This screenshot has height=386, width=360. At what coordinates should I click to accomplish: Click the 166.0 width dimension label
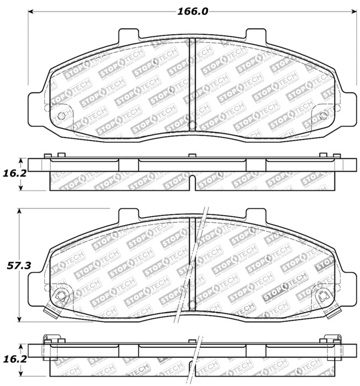(192, 11)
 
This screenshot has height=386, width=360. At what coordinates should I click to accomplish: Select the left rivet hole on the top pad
(61, 115)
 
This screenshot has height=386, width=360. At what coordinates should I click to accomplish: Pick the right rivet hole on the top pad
(324, 115)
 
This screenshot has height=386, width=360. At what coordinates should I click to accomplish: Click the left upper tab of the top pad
(128, 34)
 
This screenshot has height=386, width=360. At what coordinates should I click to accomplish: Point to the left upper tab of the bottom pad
(128, 214)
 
